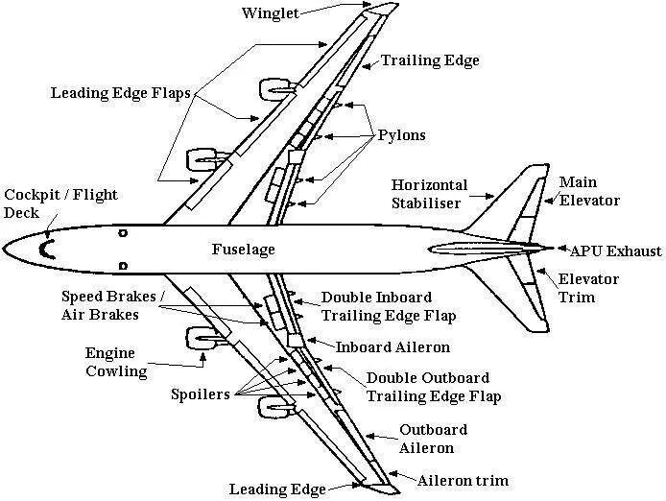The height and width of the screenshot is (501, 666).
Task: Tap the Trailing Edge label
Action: [x=430, y=60]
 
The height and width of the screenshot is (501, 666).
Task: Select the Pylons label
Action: [x=402, y=136]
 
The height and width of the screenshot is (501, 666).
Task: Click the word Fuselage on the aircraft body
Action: [x=243, y=250]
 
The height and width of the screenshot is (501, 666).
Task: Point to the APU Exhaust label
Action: [x=615, y=251]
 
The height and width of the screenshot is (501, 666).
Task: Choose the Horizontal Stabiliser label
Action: [x=429, y=194]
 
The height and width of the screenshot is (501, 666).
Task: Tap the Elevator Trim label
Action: [x=589, y=288]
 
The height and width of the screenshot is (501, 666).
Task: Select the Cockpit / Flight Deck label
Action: [x=60, y=203]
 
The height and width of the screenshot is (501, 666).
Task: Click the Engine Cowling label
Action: [x=116, y=362]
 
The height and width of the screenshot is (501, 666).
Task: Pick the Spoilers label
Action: [x=200, y=394]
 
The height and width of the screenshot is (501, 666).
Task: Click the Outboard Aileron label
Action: [x=433, y=439]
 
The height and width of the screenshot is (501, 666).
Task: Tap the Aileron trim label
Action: [x=462, y=480]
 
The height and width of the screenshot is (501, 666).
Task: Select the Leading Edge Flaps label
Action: [x=122, y=93]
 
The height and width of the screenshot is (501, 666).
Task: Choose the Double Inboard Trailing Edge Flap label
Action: [x=388, y=306]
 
